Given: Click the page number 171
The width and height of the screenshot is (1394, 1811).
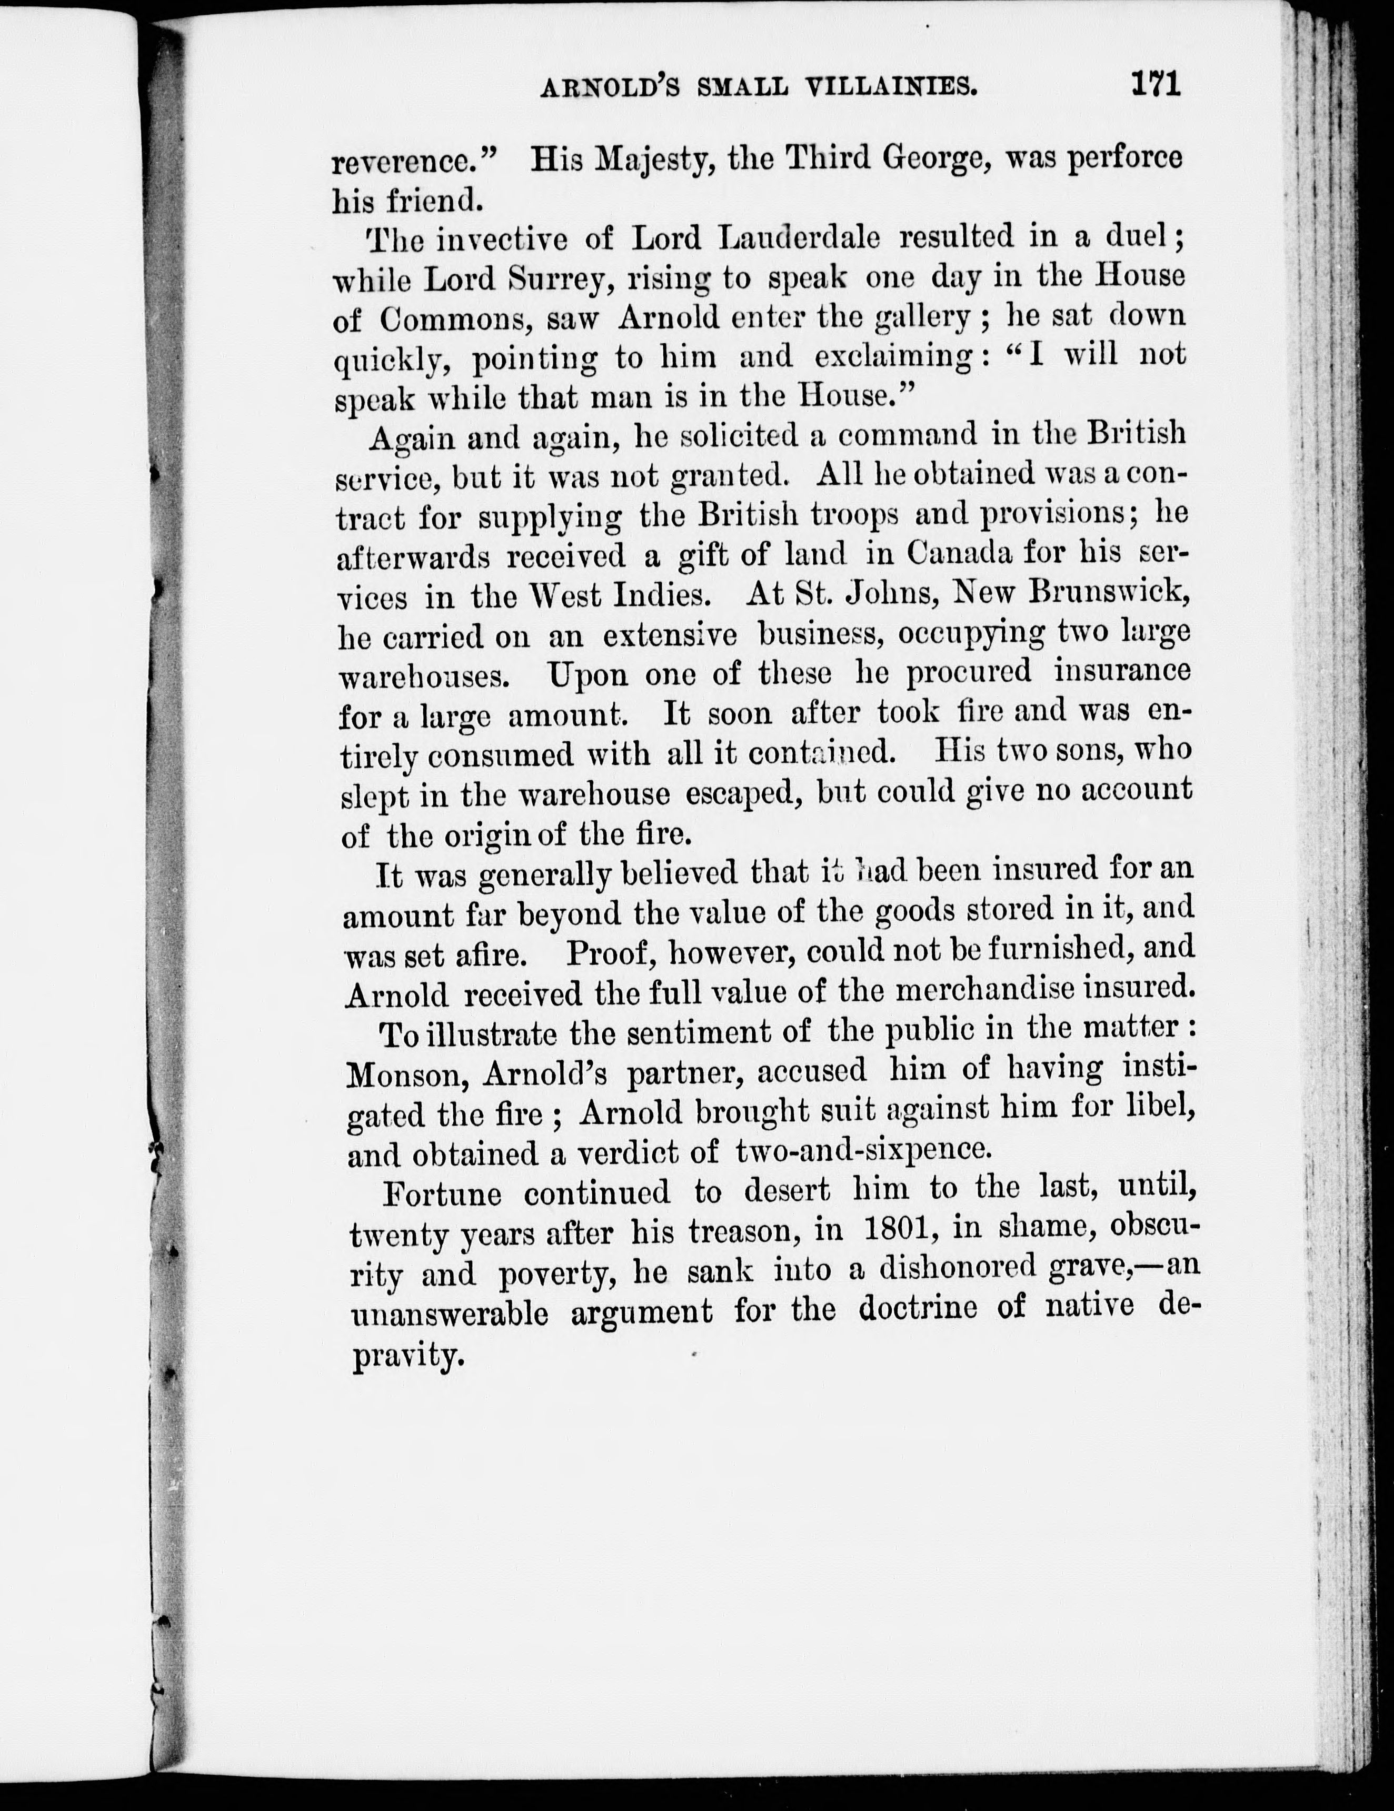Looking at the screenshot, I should [x=1153, y=85].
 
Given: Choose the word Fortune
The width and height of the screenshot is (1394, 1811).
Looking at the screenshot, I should [x=442, y=1194].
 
